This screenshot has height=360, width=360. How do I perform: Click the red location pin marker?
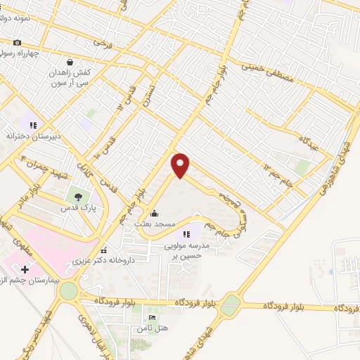coord(181,165)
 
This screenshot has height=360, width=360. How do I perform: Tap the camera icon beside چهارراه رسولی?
coord(17,42)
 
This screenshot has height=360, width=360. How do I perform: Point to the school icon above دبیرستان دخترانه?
coord(32,124)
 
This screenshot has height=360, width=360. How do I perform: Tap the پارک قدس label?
coord(87,209)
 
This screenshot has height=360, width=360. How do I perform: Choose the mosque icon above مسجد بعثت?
coord(155,213)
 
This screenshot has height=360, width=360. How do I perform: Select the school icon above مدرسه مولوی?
coord(186,234)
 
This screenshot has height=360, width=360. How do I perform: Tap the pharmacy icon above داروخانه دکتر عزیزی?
coord(104,250)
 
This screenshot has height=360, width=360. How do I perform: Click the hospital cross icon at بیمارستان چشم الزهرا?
coord(25,269)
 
